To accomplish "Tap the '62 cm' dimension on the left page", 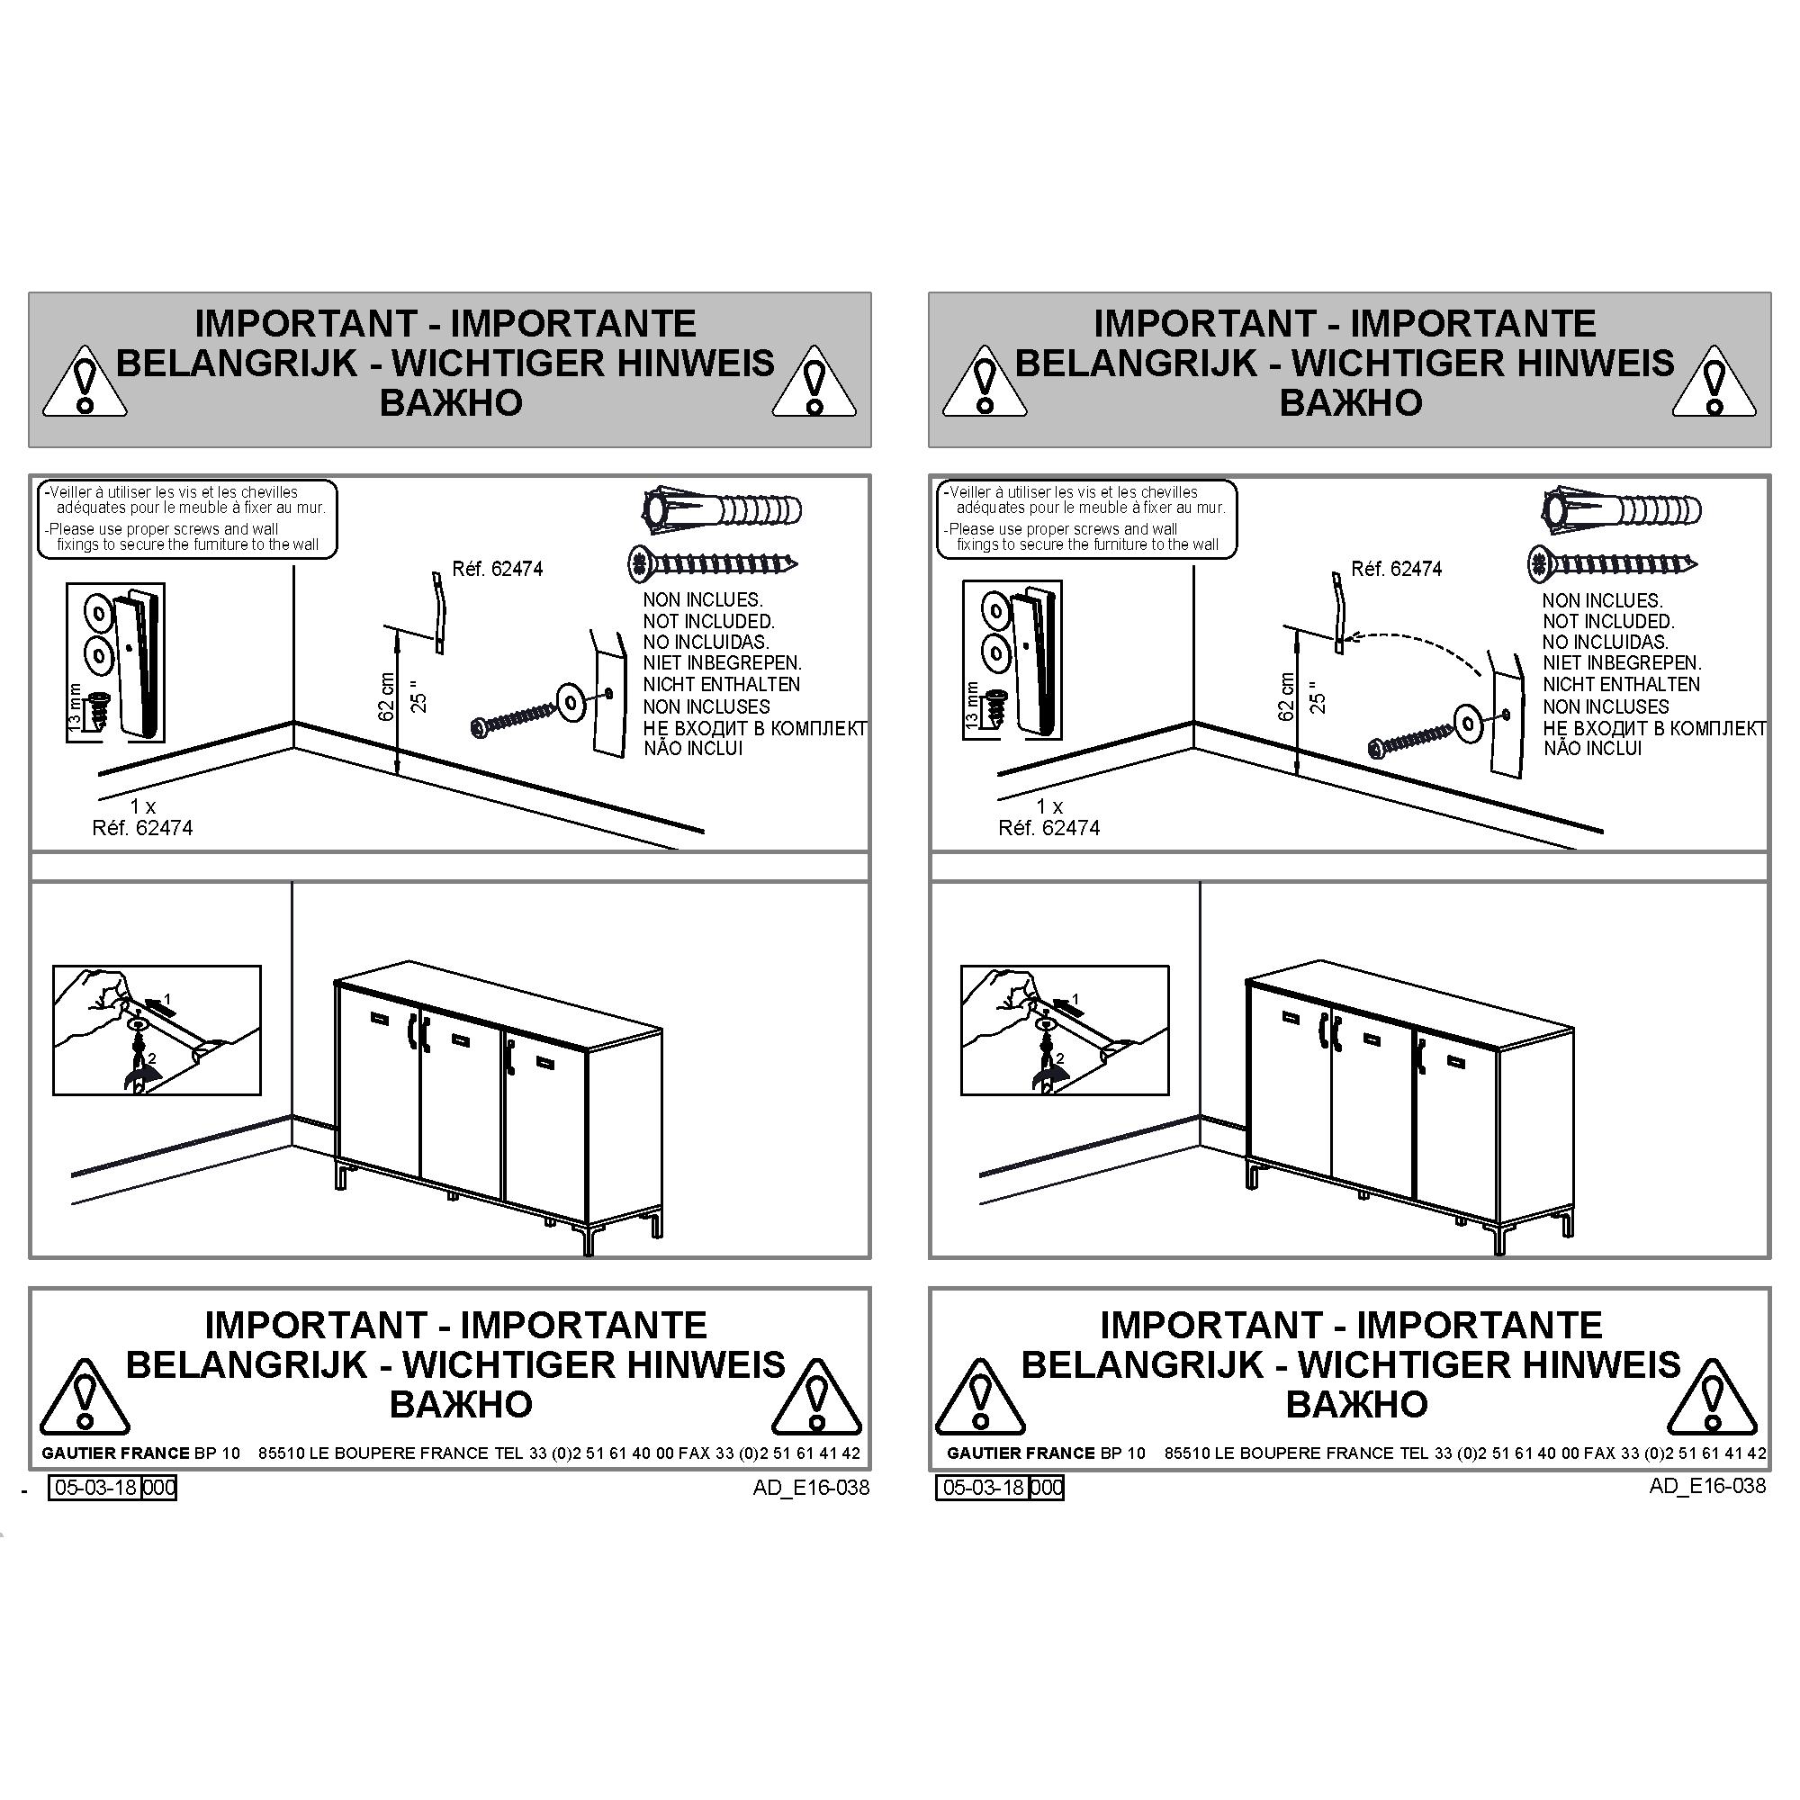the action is (388, 697).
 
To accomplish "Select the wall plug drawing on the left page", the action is (722, 509).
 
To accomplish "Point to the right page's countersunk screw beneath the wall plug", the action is (1612, 563).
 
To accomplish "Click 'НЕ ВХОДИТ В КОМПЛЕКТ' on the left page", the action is (755, 727).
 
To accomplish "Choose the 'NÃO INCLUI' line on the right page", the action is (1592, 748).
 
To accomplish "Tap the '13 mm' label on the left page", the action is (76, 706).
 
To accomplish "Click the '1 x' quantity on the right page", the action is (1049, 805).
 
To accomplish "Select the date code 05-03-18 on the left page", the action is (96, 1487).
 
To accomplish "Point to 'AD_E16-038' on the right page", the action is (1706, 1485).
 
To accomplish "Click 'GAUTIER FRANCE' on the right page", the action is (1021, 1453).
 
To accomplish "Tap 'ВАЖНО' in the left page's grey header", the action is (451, 402).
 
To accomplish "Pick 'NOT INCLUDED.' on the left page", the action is (708, 621).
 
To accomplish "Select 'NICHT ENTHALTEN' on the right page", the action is (1621, 684).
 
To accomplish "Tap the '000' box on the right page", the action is (1048, 1487).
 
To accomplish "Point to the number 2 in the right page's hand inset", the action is (1058, 1059).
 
